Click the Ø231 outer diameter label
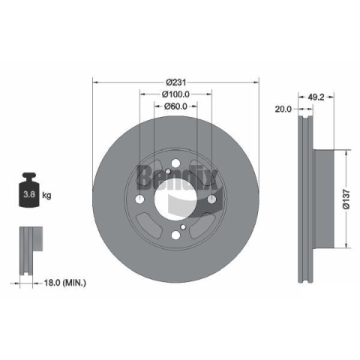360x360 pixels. point(175,82)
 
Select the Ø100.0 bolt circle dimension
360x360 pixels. point(175,94)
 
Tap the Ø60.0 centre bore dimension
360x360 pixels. point(175,106)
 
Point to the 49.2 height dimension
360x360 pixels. point(316,97)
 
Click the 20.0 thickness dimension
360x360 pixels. point(283,109)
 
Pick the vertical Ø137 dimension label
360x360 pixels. point(346,199)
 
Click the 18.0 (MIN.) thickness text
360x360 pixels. point(65,283)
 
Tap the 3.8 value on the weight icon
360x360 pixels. point(29,194)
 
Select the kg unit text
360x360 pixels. point(46,195)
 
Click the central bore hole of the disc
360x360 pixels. point(175,199)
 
